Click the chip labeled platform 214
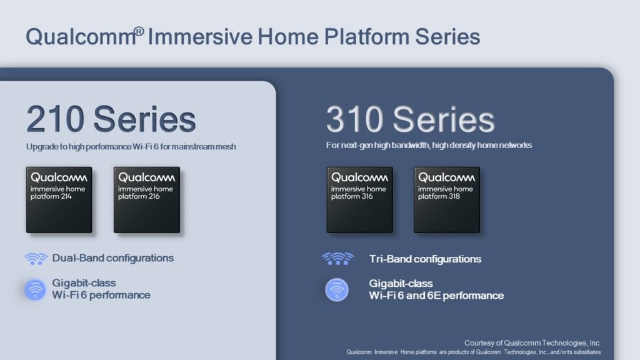[59, 199]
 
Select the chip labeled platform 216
[147, 199]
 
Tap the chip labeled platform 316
[359, 199]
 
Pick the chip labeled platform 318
[447, 199]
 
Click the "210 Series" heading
[111, 119]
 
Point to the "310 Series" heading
[410, 119]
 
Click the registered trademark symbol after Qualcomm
[139, 31]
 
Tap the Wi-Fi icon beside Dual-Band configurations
[36, 259]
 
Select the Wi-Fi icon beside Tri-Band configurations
[338, 259]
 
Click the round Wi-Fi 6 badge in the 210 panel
[35, 290]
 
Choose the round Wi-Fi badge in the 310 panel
[337, 290]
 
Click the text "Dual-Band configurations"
[113, 258]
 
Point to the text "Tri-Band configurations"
[425, 259]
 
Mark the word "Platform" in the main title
[366, 37]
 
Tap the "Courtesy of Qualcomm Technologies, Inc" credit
[532, 343]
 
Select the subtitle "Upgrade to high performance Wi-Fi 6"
[92, 146]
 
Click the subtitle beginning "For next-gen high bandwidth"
[429, 145]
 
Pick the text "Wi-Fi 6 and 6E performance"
[436, 296]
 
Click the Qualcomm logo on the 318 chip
[446, 177]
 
